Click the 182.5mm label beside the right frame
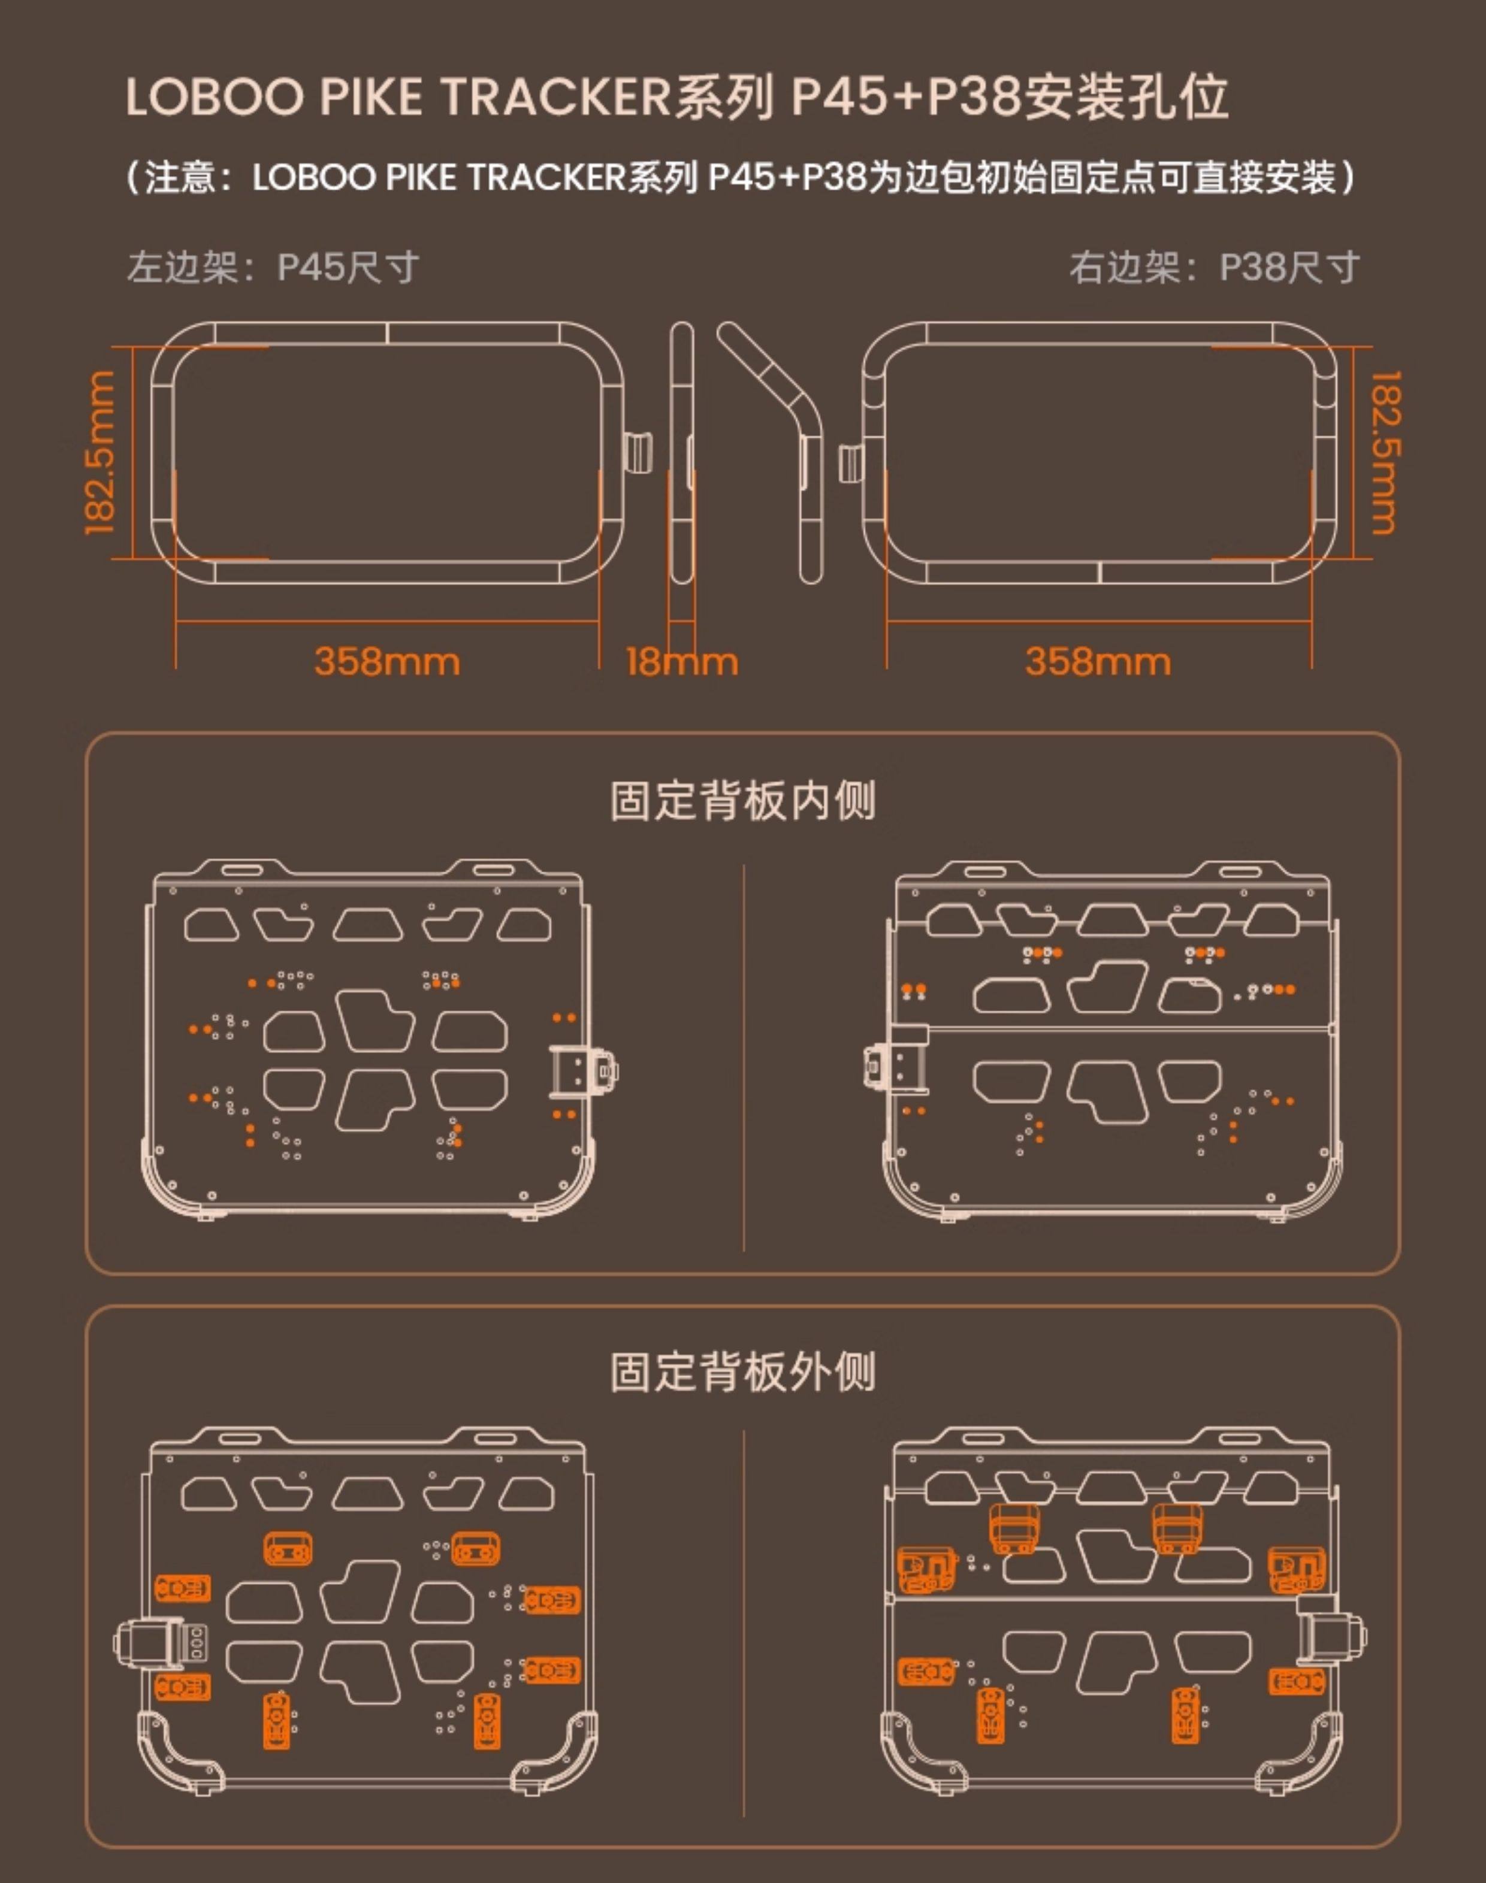pyautogui.click(x=1385, y=452)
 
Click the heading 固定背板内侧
pyautogui.click(x=742, y=800)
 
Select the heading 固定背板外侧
pyautogui.click(x=742, y=1372)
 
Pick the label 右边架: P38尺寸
pyautogui.click(x=1215, y=267)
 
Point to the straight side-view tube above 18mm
pyautogui.click(x=682, y=452)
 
